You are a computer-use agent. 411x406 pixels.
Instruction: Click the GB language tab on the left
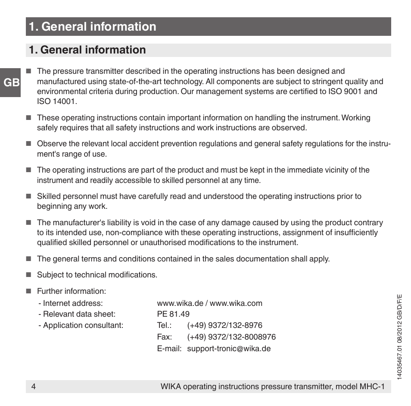tap(10, 82)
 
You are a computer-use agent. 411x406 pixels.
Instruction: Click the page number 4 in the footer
tap(33, 387)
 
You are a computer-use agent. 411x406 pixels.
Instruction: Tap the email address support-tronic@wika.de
tap(229, 349)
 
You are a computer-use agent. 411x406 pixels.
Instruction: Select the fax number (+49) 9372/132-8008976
tap(231, 337)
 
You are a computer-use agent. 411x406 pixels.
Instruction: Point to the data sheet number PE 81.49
tap(173, 314)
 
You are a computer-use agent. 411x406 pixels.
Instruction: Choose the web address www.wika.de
tap(180, 303)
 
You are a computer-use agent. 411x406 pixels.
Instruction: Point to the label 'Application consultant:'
tap(81, 325)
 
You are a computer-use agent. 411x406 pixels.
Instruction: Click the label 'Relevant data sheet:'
tap(77, 314)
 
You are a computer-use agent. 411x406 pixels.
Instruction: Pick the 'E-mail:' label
tap(169, 349)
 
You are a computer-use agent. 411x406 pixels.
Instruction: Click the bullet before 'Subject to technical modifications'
tap(29, 275)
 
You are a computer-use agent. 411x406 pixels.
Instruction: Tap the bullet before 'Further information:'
tap(29, 291)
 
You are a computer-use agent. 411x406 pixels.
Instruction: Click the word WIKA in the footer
tap(171, 387)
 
